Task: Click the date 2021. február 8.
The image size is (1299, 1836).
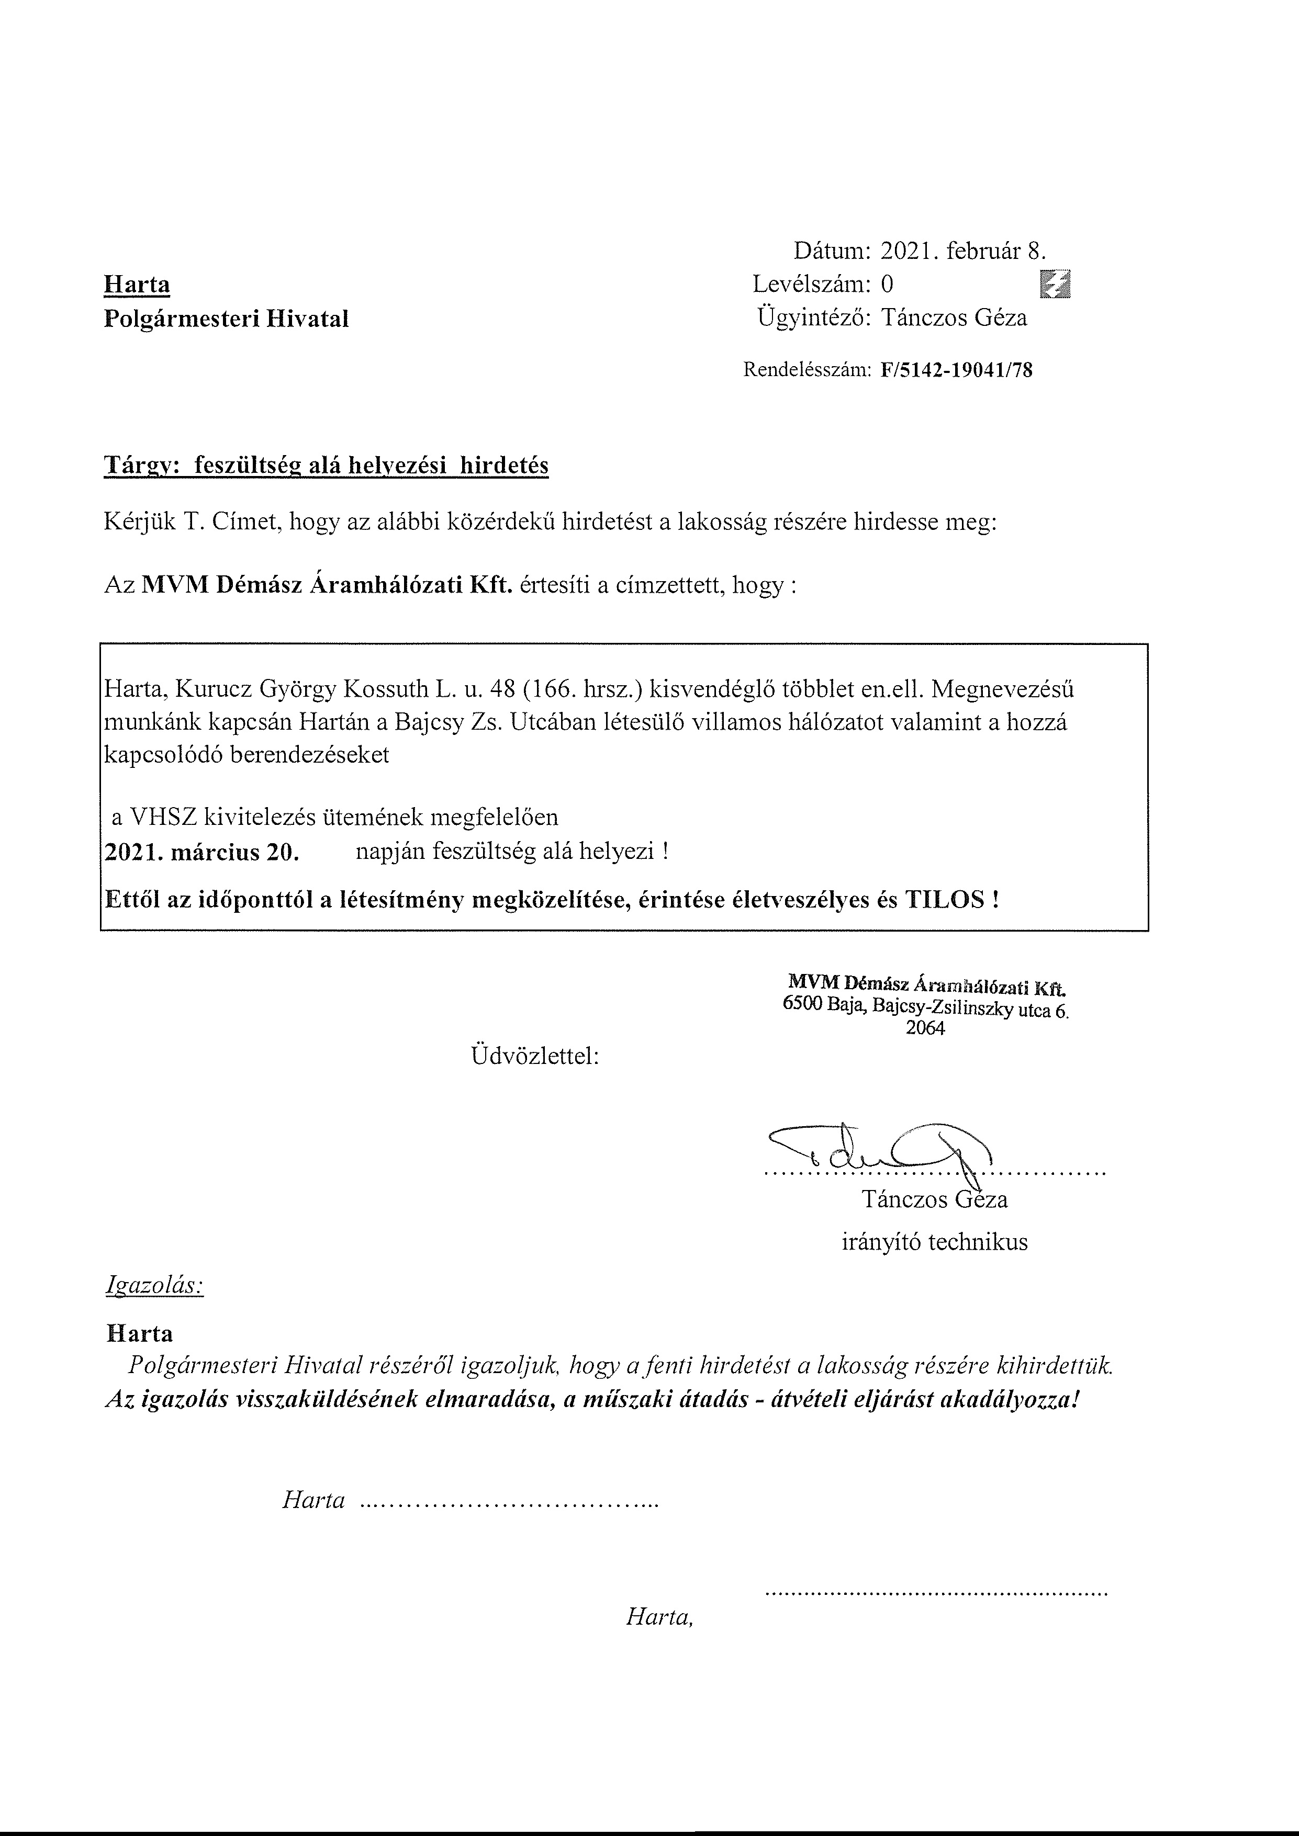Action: click(962, 251)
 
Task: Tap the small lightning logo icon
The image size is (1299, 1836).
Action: click(1055, 284)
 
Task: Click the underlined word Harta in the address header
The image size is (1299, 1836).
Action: click(137, 285)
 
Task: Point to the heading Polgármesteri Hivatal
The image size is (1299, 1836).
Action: click(227, 319)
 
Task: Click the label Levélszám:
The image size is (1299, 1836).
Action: click(811, 284)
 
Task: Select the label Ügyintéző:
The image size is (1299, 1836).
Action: click(813, 318)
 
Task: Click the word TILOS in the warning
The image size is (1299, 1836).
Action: click(945, 900)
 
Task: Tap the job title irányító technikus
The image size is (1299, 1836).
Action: click(934, 1242)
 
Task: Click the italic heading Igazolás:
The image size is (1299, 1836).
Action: click(154, 1285)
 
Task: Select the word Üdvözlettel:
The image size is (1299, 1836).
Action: click(535, 1056)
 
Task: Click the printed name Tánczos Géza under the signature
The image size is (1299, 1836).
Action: click(934, 1199)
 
